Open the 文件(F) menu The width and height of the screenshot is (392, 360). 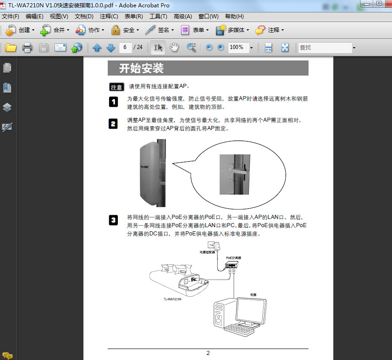tap(11, 16)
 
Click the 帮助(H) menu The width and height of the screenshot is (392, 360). tap(234, 16)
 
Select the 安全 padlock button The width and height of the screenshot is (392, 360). tap(124, 30)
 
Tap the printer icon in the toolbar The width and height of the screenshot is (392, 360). tap(27, 48)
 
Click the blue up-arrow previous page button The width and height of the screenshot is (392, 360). tap(97, 48)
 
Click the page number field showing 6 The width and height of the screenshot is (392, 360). tap(125, 47)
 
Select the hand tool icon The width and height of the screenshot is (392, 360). tap(174, 47)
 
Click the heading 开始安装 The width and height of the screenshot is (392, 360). tap(141, 69)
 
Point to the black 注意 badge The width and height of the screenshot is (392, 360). tap(117, 87)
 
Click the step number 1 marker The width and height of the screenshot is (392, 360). tap(113, 102)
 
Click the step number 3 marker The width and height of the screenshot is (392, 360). tap(113, 221)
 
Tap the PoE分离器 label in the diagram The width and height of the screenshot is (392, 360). tap(233, 258)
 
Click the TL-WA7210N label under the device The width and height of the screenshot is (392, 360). tap(172, 299)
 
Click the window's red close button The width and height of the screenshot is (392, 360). tap(387, 3)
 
